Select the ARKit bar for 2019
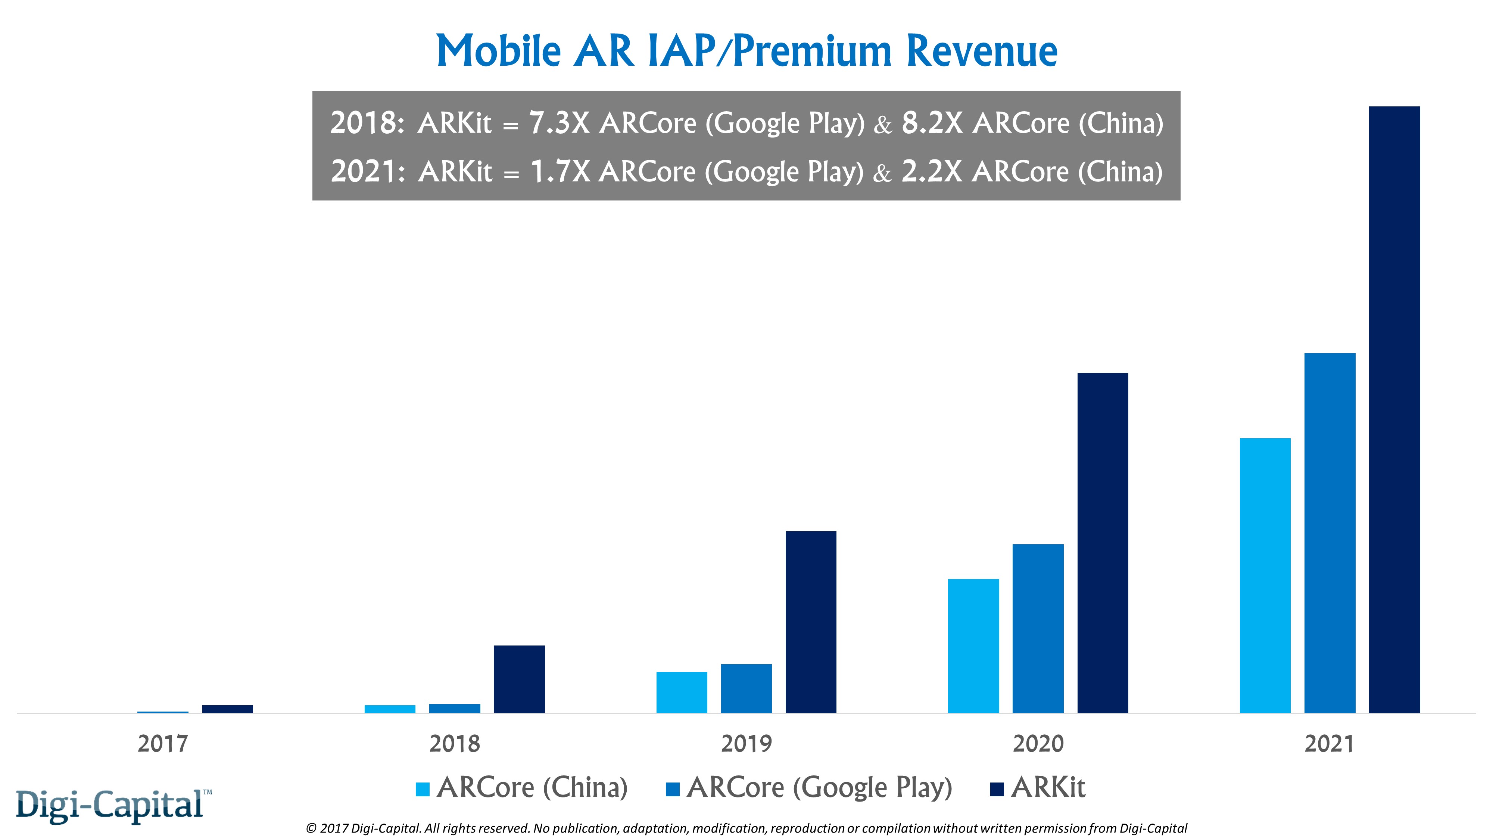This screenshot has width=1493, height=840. tap(811, 622)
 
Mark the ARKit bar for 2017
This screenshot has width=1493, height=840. tap(228, 709)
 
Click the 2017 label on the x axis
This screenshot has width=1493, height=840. tap(163, 744)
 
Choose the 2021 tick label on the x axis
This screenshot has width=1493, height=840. tap(1329, 744)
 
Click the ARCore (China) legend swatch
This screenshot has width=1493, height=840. tap(423, 789)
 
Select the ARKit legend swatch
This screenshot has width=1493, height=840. tap(997, 789)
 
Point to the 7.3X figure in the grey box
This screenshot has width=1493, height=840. tap(559, 123)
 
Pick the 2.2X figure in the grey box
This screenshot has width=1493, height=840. tap(931, 172)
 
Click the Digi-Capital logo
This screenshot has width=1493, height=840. tap(110, 805)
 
